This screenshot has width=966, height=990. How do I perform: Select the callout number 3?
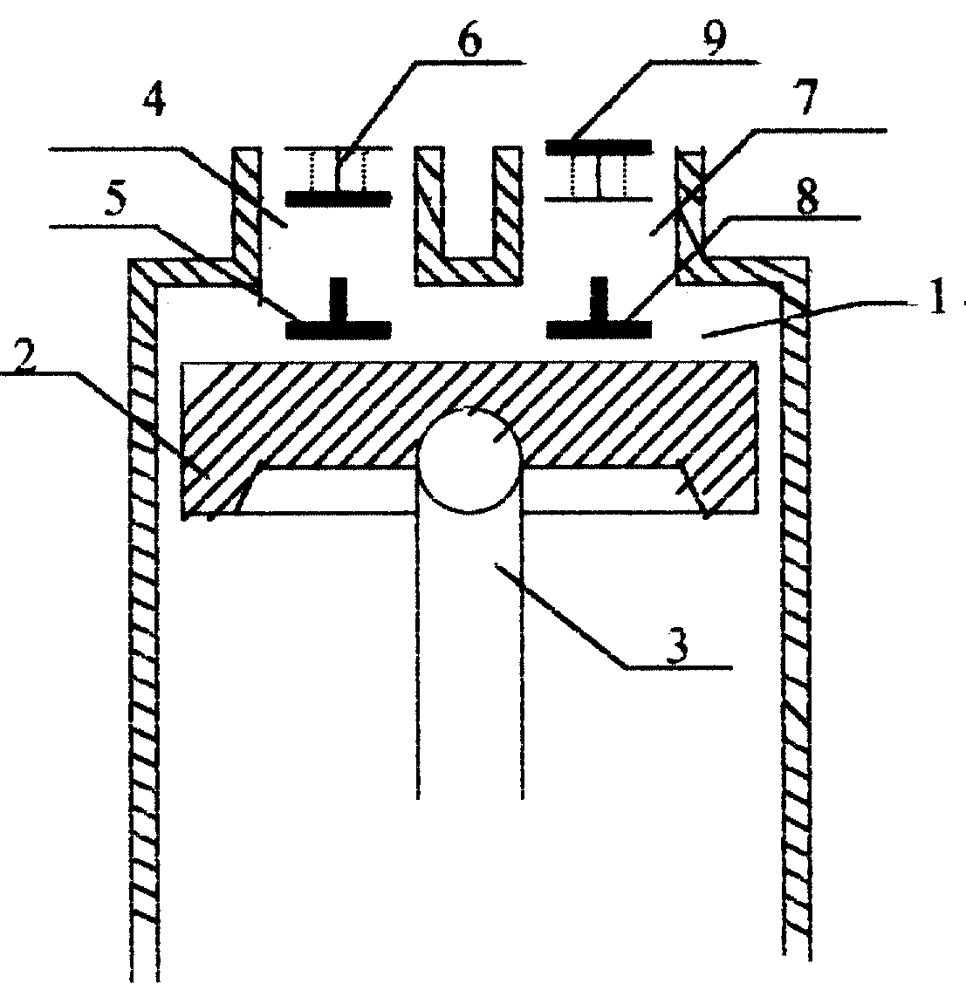(677, 647)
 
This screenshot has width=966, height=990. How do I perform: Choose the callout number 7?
(807, 98)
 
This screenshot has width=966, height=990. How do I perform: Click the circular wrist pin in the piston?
(469, 459)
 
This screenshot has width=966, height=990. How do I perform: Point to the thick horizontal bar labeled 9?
(599, 147)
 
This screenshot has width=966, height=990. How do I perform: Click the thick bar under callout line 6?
(339, 198)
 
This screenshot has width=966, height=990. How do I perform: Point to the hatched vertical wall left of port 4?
(246, 215)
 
